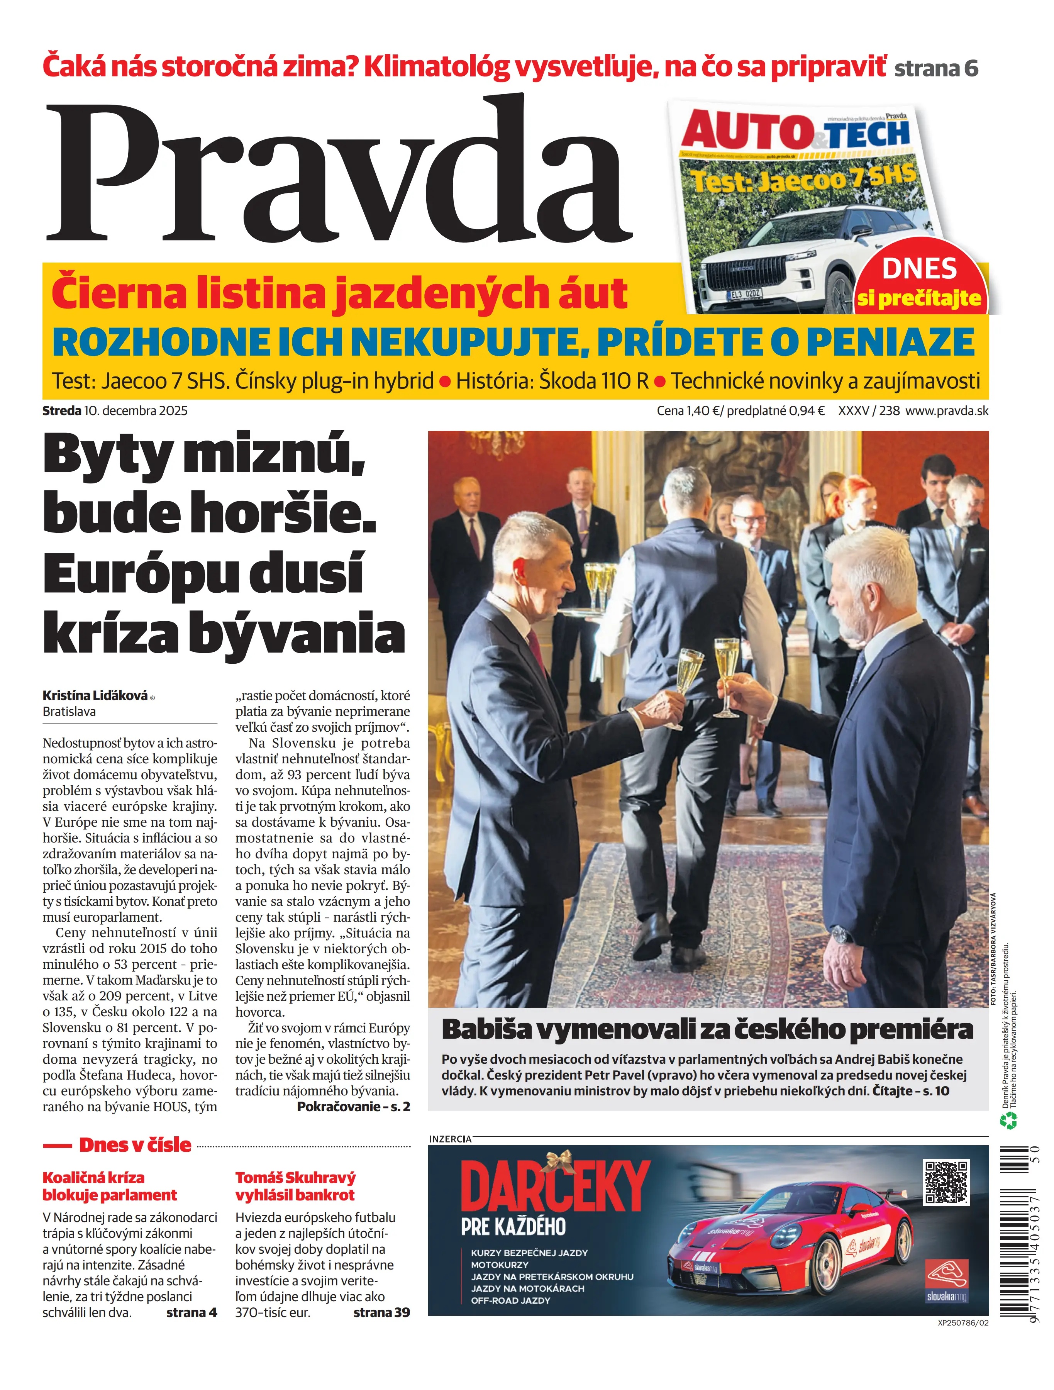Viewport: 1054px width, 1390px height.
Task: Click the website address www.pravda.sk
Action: pyautogui.click(x=947, y=411)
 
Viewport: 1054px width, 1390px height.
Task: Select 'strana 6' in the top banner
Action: pyautogui.click(x=936, y=68)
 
